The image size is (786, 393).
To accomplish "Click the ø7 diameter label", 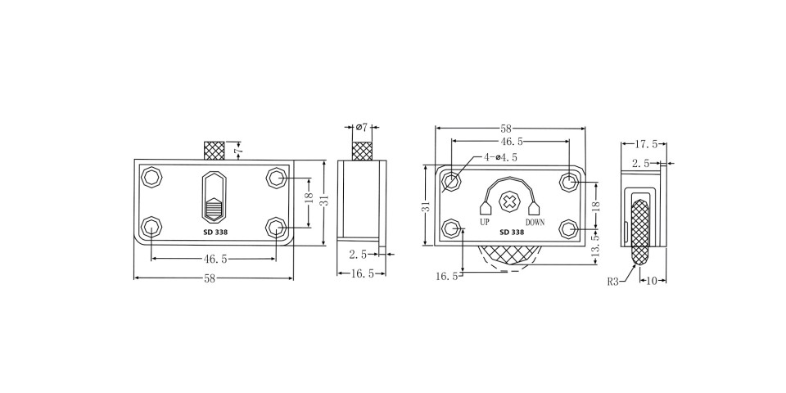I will tap(362, 127).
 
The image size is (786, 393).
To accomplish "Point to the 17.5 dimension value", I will tap(644, 144).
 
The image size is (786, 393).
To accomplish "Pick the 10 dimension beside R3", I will tap(653, 281).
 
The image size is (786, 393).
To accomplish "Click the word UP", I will tap(486, 222).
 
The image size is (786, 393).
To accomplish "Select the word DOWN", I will tap(535, 222).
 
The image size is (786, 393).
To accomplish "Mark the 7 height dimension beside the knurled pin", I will tap(238, 151).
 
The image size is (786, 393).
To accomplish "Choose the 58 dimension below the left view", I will tap(210, 278).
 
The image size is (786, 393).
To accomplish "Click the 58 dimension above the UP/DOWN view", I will tap(506, 129).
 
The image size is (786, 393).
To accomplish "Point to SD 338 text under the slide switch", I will tap(215, 232).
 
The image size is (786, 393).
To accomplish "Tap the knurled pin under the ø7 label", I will tap(361, 151).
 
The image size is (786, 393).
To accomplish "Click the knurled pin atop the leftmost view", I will tap(214, 151).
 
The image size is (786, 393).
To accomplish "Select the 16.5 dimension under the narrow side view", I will tap(361, 273).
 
